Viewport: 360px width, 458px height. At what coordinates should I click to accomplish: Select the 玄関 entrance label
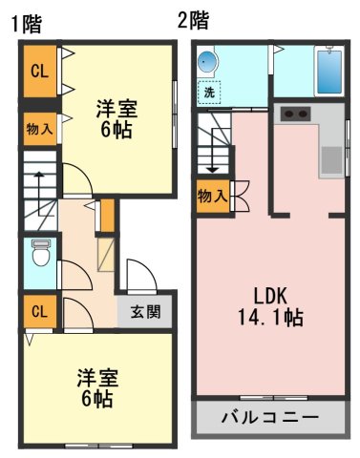[x=146, y=311]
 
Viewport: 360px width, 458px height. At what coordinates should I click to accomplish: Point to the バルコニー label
[x=269, y=417]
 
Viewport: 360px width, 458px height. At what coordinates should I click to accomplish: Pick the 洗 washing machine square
[x=208, y=94]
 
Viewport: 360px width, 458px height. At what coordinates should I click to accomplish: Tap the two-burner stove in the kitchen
[x=296, y=115]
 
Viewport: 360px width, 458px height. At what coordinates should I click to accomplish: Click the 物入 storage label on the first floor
[x=39, y=129]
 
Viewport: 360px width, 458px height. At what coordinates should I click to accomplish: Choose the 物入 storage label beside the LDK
[x=212, y=197]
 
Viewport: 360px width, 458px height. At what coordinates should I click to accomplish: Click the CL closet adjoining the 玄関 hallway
[x=39, y=311]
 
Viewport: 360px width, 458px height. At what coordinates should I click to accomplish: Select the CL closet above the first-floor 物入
[x=39, y=71]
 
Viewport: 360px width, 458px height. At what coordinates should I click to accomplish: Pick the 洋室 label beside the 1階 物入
[x=116, y=119]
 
